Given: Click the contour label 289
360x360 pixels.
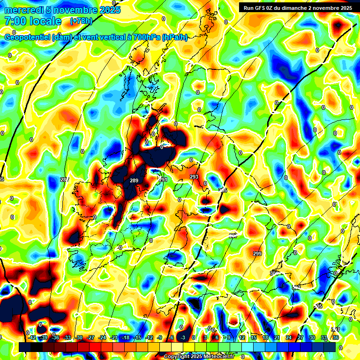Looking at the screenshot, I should [x=134, y=180].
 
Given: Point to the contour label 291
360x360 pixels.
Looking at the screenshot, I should [x=163, y=180].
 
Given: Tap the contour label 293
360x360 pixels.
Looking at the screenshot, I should [x=194, y=177].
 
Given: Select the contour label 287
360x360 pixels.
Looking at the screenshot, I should [x=65, y=180].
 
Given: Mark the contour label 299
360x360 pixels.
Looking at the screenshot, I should [x=257, y=254].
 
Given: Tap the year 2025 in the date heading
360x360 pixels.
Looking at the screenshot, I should [x=108, y=10].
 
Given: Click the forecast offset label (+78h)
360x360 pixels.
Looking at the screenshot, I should [x=82, y=21].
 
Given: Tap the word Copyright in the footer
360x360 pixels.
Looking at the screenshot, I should [x=177, y=357].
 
